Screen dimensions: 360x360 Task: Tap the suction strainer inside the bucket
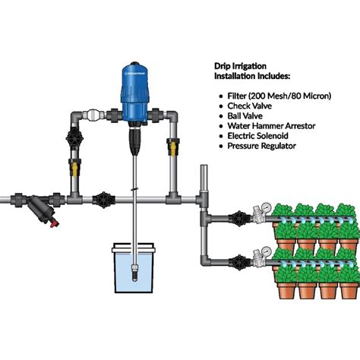pyautogui.click(x=132, y=270)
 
